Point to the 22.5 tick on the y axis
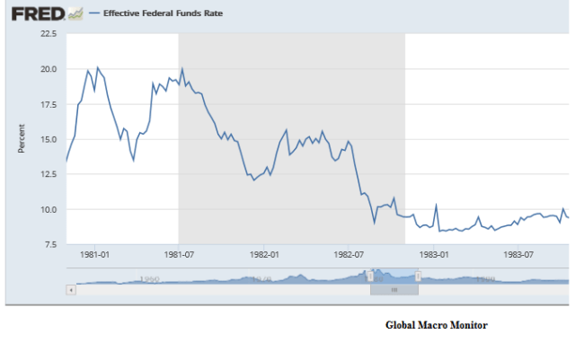pos(49,34)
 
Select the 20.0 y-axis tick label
pos(49,69)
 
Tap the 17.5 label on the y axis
pos(49,104)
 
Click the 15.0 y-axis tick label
pos(49,139)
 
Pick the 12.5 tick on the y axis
pos(49,174)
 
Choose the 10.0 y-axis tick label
pos(49,209)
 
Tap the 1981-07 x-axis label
pos(179,254)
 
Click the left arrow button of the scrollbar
pos(71,290)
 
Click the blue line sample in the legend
pos(95,15)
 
